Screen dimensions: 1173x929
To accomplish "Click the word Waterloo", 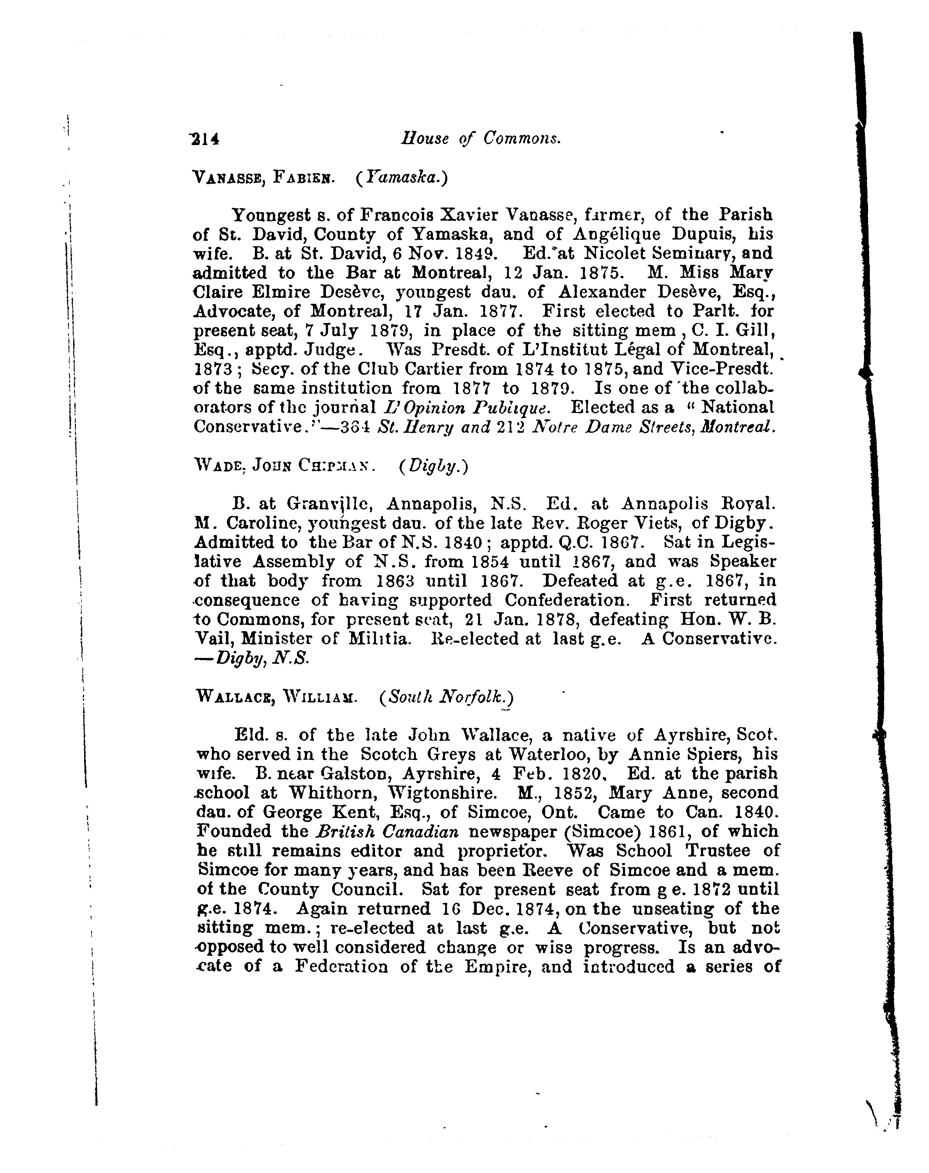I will click(x=549, y=755).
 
